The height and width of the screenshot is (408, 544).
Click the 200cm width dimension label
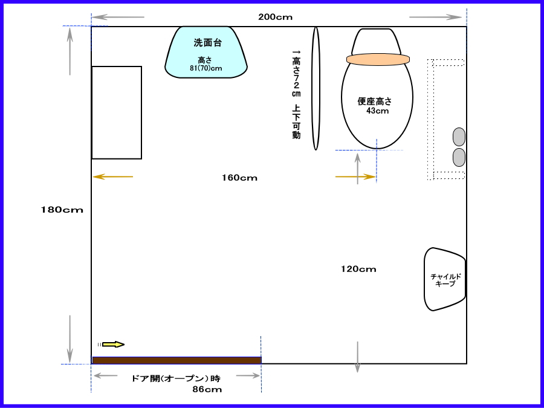pos(275,17)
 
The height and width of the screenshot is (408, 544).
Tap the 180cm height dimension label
pos(62,210)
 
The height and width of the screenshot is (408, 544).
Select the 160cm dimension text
pos(240,178)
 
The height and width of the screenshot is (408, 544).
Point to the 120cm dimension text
pos(358,269)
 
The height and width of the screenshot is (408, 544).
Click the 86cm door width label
pos(207,390)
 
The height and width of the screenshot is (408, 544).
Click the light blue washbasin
pos(206,52)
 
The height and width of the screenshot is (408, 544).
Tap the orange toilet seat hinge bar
pos(378,59)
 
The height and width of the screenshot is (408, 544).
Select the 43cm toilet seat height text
pos(377,111)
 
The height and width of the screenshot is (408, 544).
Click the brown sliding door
pos(176,360)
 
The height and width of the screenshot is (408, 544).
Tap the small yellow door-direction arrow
pos(113,345)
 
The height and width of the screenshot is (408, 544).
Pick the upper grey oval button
pos(459,137)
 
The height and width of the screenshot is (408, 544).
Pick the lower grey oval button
pos(459,158)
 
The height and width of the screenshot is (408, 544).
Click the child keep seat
pos(444,279)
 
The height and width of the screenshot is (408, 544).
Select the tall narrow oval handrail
pos(316,88)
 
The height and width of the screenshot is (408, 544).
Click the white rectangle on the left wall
pos(117,113)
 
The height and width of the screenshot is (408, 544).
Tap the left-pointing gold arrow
pos(113,177)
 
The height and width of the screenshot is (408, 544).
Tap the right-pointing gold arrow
pos(355,177)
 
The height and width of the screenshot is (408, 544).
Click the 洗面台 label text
pos(207,43)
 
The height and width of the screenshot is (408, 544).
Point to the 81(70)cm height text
pos(206,68)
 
